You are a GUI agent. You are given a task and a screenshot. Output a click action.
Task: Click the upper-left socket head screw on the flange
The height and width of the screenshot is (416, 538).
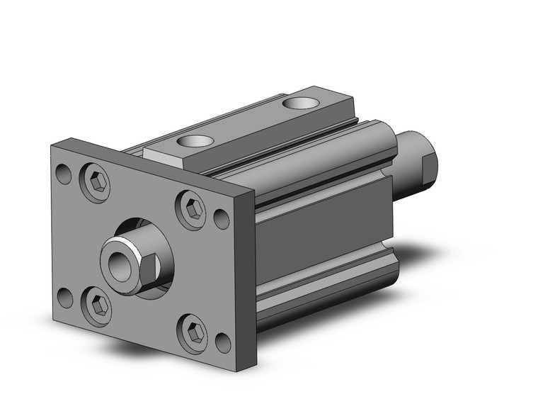(x=99, y=182)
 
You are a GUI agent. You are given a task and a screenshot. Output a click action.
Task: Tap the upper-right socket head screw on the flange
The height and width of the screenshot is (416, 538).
(x=193, y=209)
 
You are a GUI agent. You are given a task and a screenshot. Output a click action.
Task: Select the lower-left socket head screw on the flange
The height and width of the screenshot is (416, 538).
(x=98, y=305)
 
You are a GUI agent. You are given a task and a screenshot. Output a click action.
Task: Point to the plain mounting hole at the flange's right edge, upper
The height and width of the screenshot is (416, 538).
(x=221, y=217)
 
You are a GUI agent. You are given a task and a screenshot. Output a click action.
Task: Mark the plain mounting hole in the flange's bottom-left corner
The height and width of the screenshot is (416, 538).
(x=65, y=298)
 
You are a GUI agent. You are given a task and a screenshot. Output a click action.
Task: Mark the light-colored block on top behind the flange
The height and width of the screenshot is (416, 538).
(x=161, y=152)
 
